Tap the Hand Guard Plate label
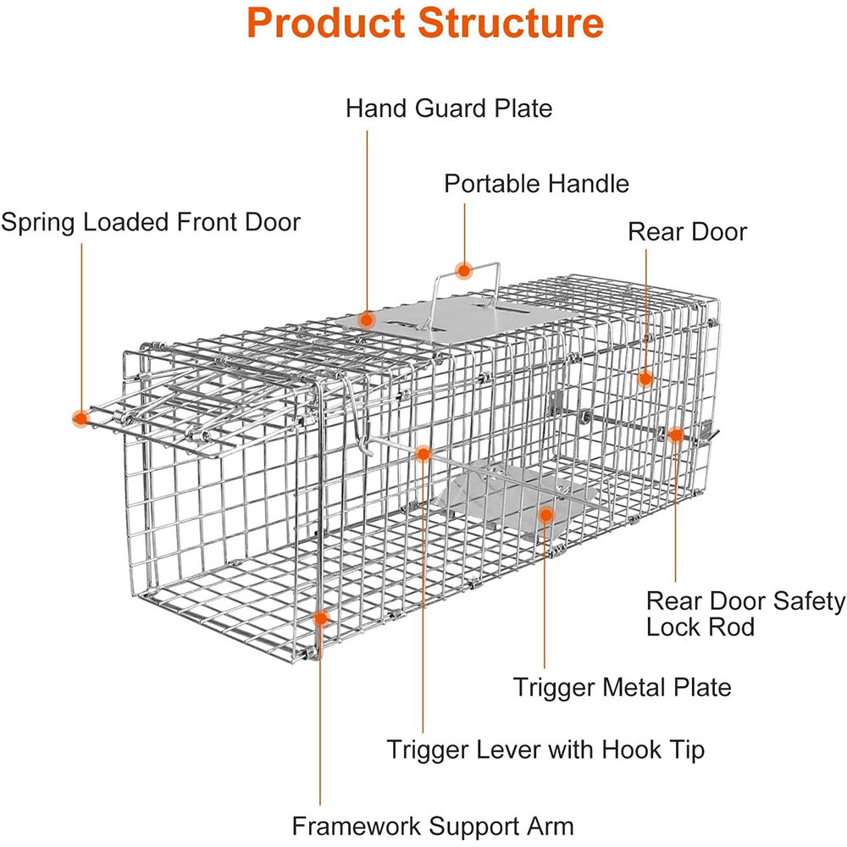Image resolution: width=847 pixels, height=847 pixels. click(448, 108)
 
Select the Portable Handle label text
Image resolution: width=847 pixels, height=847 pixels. click(537, 183)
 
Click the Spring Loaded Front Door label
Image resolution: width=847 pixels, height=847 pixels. click(151, 222)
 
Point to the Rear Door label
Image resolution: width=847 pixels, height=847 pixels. click(687, 231)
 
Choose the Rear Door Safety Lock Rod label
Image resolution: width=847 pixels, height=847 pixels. click(745, 614)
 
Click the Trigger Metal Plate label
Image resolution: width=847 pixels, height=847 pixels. click(622, 686)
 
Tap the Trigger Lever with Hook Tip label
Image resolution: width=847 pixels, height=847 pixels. click(545, 749)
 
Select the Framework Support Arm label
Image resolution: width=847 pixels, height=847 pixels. click(433, 826)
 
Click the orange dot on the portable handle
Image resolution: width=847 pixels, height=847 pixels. click(463, 271)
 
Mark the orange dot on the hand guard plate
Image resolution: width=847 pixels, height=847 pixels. click(366, 320)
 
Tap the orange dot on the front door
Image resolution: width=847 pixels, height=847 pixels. click(80, 418)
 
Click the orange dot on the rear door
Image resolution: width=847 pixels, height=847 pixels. click(645, 378)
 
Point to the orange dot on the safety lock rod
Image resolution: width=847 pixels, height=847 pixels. click(675, 435)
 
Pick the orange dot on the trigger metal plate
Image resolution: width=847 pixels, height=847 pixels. click(545, 514)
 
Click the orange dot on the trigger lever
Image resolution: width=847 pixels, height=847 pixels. click(423, 454)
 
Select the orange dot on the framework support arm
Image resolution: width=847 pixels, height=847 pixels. click(320, 618)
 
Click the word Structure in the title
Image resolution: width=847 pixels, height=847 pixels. click(507, 24)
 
